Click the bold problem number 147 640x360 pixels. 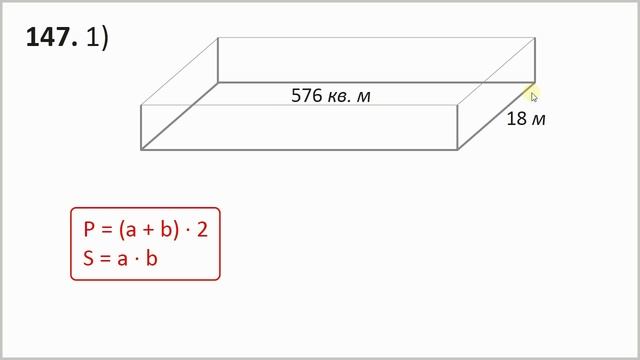[x=51, y=37]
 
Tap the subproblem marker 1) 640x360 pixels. [x=98, y=38]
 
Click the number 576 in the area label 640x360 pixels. [x=307, y=96]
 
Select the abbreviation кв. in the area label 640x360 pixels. [x=340, y=97]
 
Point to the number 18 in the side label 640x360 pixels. [x=517, y=119]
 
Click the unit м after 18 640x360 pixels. [x=539, y=120]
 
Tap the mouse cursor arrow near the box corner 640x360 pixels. [x=534, y=97]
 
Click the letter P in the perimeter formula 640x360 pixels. [x=89, y=229]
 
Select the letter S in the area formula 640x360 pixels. [x=88, y=258]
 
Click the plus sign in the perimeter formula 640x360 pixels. [x=149, y=230]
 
